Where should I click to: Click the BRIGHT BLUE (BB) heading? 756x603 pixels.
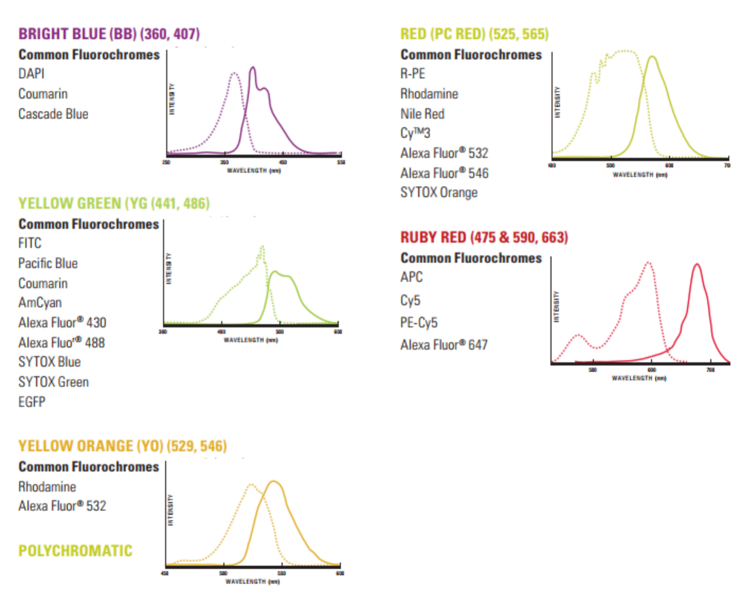(x=109, y=34)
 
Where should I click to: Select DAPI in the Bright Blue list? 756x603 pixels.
(x=31, y=74)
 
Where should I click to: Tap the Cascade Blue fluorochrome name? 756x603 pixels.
(x=53, y=114)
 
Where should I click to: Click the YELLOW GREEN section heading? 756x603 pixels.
(x=114, y=204)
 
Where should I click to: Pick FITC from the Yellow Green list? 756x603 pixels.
(x=30, y=243)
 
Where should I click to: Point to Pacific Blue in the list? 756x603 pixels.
(x=48, y=263)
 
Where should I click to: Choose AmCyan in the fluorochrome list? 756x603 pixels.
(x=40, y=303)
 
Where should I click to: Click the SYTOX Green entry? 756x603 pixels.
(x=53, y=382)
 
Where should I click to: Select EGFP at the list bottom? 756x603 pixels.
(x=32, y=402)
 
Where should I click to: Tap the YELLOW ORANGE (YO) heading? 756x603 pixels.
(x=122, y=446)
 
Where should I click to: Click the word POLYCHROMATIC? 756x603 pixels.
(x=75, y=551)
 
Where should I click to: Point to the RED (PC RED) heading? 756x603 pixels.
(x=474, y=34)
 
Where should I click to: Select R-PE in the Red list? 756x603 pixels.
(x=413, y=74)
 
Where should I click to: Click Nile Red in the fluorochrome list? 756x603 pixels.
(x=422, y=114)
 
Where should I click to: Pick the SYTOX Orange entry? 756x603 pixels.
(x=439, y=193)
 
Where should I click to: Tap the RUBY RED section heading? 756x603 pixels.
(x=484, y=237)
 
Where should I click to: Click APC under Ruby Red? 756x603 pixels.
(x=411, y=277)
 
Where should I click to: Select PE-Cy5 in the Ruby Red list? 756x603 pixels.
(x=419, y=323)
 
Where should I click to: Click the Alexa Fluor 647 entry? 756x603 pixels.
(x=444, y=345)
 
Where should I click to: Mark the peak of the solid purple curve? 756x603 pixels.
(x=253, y=67)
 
